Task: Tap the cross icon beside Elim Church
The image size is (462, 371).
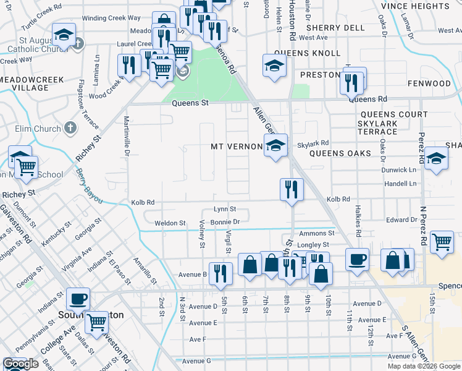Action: click(70, 129)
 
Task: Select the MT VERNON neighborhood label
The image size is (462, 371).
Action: click(236, 147)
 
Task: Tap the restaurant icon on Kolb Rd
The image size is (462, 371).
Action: click(291, 189)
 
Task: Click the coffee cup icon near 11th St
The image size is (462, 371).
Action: click(356, 259)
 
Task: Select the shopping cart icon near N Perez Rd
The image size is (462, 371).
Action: click(442, 242)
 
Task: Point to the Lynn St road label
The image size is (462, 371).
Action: click(225, 209)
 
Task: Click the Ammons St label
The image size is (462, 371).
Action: click(316, 233)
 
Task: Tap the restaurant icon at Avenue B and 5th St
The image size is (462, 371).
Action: click(220, 273)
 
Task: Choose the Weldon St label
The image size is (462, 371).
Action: click(170, 223)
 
